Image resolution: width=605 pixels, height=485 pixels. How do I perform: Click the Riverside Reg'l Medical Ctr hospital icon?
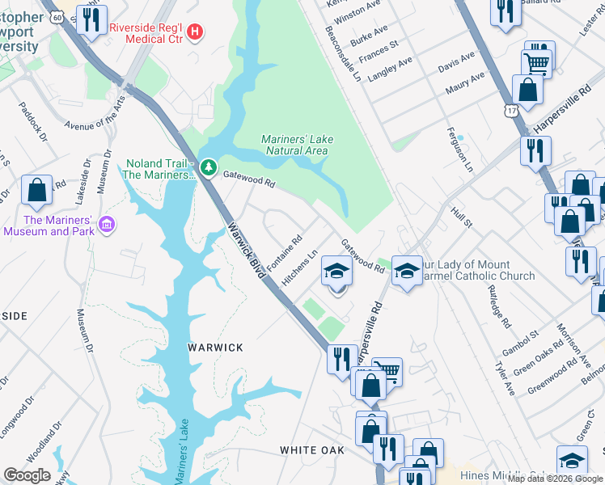point(195,33)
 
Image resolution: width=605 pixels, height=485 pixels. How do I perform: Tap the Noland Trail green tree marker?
point(209,167)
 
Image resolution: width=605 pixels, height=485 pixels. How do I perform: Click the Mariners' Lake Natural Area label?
point(297,145)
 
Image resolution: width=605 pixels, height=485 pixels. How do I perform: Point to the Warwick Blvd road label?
point(247,251)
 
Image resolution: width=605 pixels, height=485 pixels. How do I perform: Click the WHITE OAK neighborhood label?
point(312,449)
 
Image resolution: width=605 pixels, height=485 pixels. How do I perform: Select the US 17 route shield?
point(511,112)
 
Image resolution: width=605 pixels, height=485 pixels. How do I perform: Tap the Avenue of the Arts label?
point(96,115)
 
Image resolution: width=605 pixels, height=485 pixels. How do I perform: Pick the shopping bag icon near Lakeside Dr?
point(36,191)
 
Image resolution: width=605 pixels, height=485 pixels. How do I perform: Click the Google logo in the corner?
point(27,475)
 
